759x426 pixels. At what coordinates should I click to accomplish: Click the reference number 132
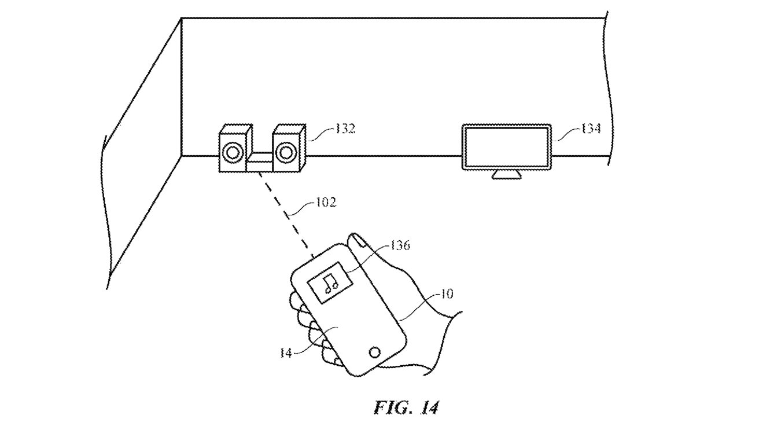click(x=345, y=128)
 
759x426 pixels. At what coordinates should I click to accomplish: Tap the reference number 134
click(x=591, y=128)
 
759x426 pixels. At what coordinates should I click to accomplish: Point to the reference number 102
click(x=326, y=203)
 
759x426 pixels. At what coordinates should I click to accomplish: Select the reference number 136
click(x=400, y=245)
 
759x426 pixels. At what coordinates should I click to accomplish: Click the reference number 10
click(x=447, y=294)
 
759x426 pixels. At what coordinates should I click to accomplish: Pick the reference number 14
click(x=286, y=353)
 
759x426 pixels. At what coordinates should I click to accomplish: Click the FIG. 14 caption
click(x=406, y=407)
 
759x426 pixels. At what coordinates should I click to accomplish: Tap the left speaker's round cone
click(x=232, y=152)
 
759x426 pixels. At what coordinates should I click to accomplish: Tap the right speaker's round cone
click(x=286, y=152)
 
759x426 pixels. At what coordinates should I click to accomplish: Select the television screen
click(x=507, y=147)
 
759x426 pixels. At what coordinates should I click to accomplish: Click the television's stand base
click(x=507, y=174)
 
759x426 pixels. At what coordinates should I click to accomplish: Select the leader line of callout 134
click(x=566, y=134)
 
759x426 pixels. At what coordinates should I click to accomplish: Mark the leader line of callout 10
click(x=419, y=306)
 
